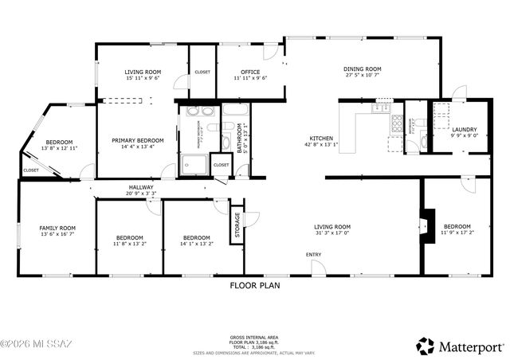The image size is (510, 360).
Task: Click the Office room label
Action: (249, 71)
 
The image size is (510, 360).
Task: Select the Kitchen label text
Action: (321, 138)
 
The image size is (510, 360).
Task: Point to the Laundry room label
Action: (464, 129)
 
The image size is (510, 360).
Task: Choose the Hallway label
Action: (140, 186)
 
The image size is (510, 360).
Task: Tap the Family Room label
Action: (57, 229)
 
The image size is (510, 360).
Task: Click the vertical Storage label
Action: (237, 225)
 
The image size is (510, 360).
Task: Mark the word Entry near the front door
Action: (315, 255)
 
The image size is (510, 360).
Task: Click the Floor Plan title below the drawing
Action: (254, 285)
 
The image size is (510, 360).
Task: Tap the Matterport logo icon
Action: (425, 346)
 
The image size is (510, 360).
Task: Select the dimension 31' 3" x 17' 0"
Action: (331, 234)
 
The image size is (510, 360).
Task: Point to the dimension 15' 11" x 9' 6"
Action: (143, 78)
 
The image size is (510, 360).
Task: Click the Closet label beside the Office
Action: (202, 72)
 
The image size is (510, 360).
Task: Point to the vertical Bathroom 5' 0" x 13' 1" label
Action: (241, 138)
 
